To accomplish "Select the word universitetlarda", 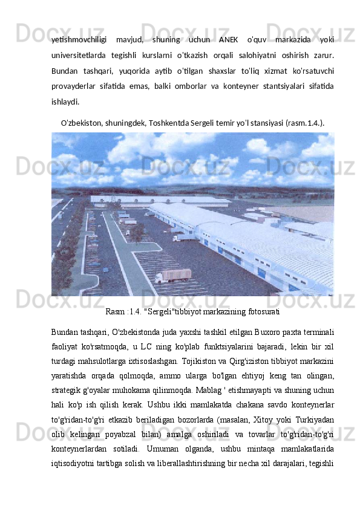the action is click(x=79, y=56).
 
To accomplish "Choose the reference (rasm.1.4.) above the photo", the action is click(x=305, y=121).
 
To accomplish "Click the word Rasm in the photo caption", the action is click(x=116, y=312).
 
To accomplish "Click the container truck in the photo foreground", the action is click(x=174, y=276).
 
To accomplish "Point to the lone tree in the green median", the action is click(x=138, y=232).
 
